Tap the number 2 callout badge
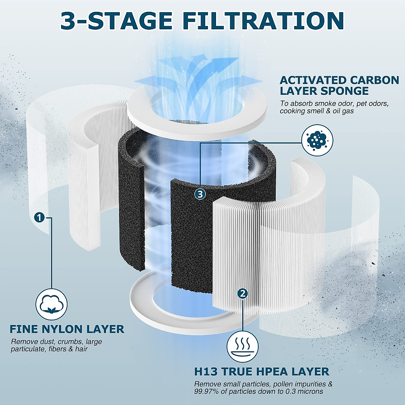(243, 294)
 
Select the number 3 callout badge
(200, 194)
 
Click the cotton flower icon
(52, 304)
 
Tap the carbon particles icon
(317, 140)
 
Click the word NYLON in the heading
(65, 329)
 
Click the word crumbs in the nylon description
(64, 342)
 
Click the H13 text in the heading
(206, 372)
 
